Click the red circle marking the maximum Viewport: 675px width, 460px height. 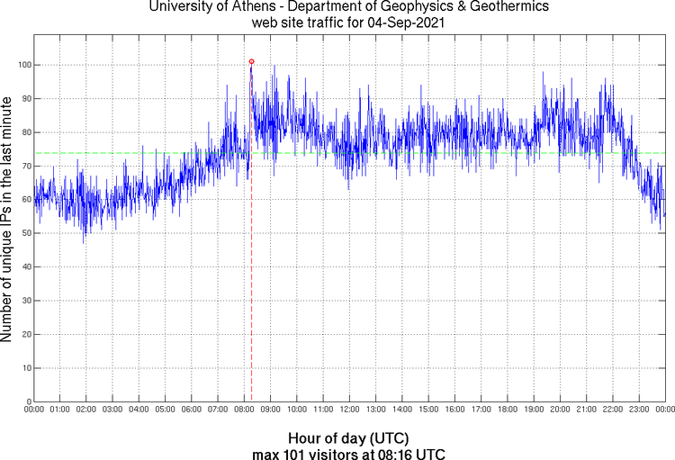pos(251,61)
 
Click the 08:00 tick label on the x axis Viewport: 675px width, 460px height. pos(244,410)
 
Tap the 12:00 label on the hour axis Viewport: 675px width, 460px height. pos(349,410)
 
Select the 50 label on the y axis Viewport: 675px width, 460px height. pos(24,233)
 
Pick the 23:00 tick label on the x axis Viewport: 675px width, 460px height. pos(638,410)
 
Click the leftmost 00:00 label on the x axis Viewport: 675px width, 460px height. pos(34,410)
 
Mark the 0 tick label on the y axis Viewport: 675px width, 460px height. pos(27,401)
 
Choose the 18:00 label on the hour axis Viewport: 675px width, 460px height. pos(507,410)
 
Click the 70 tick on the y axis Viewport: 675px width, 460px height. pos(24,166)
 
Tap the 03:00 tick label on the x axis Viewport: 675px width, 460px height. pos(112,410)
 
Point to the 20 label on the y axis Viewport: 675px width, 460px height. pos(24,334)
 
